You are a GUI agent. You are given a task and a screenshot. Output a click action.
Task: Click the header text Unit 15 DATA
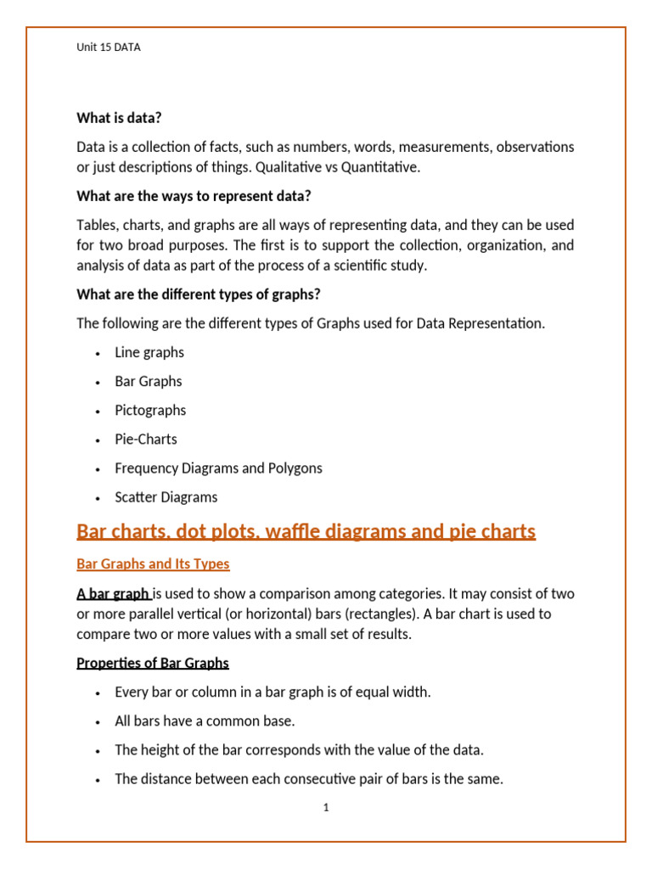(x=109, y=48)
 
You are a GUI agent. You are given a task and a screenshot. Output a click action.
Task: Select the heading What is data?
(x=119, y=118)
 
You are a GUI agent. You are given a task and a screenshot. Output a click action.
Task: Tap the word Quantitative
(x=380, y=167)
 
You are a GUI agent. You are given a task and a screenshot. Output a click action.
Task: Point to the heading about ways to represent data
(x=194, y=196)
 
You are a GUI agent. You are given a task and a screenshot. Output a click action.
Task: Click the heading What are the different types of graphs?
(x=198, y=294)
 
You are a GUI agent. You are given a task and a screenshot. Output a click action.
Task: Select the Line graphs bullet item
(x=149, y=352)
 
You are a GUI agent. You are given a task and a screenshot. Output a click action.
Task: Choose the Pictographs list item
(x=150, y=410)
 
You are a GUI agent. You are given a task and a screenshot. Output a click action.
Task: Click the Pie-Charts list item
(x=146, y=439)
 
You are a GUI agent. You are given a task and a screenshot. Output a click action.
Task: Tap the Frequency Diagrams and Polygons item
(x=218, y=468)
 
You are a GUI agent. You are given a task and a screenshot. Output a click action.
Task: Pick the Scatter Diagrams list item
(x=166, y=496)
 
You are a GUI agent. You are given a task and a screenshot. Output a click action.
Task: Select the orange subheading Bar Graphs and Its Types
(x=153, y=563)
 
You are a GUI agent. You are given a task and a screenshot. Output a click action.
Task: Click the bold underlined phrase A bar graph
(x=113, y=593)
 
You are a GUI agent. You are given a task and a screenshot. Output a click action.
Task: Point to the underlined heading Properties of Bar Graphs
(x=153, y=663)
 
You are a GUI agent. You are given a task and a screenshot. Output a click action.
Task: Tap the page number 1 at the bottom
(x=326, y=808)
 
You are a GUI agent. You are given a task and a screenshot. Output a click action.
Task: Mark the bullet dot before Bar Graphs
(x=99, y=382)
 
